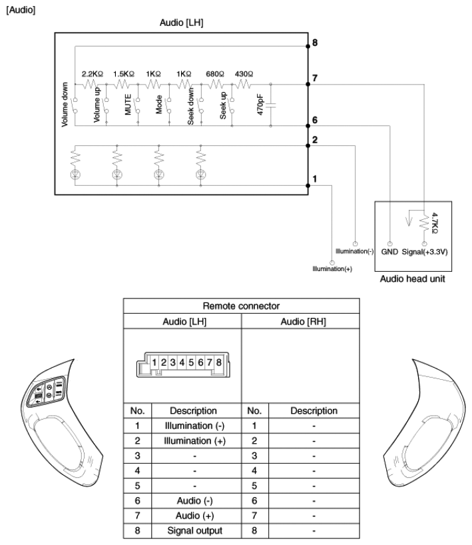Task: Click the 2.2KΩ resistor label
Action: tap(93, 74)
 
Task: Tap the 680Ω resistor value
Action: tap(215, 74)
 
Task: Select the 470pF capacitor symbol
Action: tap(270, 105)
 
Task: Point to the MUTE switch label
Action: tap(128, 105)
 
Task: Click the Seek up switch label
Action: tap(223, 105)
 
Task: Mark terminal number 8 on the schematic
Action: tap(315, 43)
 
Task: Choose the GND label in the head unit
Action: tap(389, 252)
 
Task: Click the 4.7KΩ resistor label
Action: tap(434, 223)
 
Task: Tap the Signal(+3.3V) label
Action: tap(425, 252)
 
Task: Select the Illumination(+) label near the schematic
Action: tap(332, 269)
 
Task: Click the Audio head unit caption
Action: tap(412, 278)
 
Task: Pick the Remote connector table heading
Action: tap(241, 306)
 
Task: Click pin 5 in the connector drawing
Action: tap(191, 362)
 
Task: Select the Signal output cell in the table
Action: tap(194, 530)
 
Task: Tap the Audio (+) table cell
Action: tap(194, 516)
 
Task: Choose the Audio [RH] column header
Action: tap(303, 322)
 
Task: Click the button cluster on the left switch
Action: tap(45, 391)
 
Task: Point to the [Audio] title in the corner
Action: tap(21, 10)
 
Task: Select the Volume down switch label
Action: tap(65, 105)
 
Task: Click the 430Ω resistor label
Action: tap(244, 74)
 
